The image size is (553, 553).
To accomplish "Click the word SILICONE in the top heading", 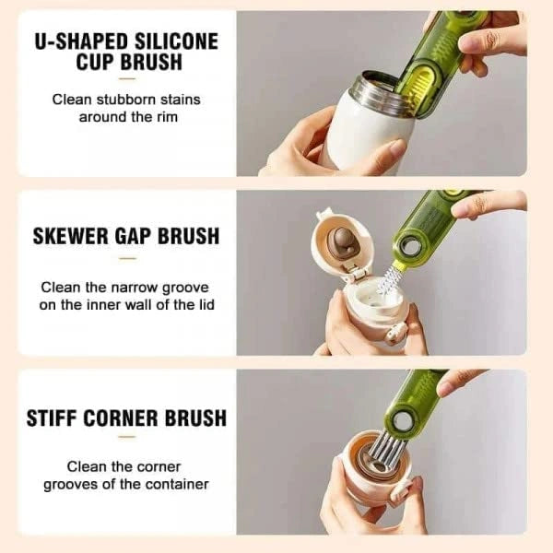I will (171, 41).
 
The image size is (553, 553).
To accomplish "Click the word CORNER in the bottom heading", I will (135, 418).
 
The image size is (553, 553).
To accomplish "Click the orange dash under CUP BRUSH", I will (126, 80).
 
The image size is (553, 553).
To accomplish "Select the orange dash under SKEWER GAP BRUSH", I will (126, 259).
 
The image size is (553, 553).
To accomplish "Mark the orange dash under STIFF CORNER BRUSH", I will (126, 439).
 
